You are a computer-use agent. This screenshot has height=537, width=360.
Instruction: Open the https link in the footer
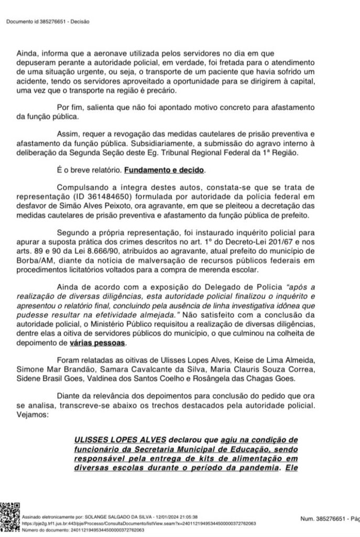coord(138,523)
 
